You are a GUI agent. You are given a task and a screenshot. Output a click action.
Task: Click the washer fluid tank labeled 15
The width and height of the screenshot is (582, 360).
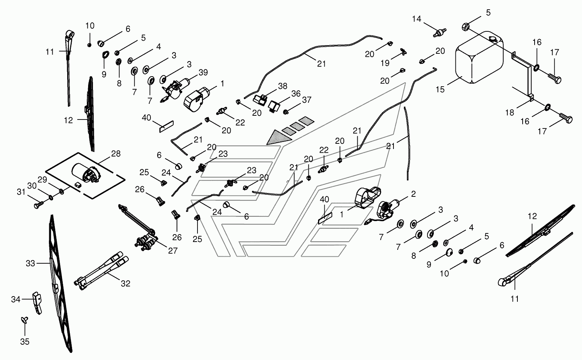click(x=479, y=58)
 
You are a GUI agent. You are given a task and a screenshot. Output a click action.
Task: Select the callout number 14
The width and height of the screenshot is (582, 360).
click(x=417, y=19)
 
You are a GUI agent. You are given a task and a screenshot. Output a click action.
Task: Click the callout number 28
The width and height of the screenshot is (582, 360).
click(x=116, y=153)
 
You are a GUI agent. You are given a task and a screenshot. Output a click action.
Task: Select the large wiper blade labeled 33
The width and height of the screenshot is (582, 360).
click(x=60, y=283)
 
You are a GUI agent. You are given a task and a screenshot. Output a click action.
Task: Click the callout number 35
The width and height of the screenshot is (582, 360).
click(x=25, y=342)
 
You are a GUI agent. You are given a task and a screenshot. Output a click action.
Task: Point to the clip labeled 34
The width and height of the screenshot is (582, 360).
click(x=37, y=303)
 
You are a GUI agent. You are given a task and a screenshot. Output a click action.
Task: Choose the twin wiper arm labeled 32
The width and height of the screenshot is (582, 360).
click(x=101, y=271)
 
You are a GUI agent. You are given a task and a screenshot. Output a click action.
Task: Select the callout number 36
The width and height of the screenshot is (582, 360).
click(x=296, y=94)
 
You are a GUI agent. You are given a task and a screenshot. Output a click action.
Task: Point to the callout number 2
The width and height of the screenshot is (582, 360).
click(x=413, y=194)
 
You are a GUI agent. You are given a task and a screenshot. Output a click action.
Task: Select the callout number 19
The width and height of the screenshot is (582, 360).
click(x=385, y=63)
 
